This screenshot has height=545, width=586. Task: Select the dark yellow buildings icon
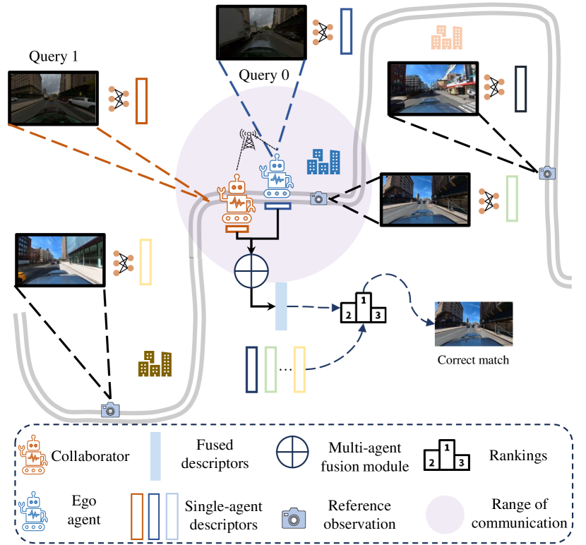[x=155, y=363]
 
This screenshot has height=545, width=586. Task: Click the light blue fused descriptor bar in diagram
[x=280, y=306]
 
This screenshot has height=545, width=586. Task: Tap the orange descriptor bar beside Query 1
[x=140, y=100]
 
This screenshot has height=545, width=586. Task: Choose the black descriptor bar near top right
[x=521, y=88]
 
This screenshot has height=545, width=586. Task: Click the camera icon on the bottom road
[x=110, y=409]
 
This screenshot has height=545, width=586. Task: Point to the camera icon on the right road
[x=546, y=172]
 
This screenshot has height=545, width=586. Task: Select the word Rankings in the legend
[x=518, y=455]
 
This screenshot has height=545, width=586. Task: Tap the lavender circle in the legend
[x=445, y=514]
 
